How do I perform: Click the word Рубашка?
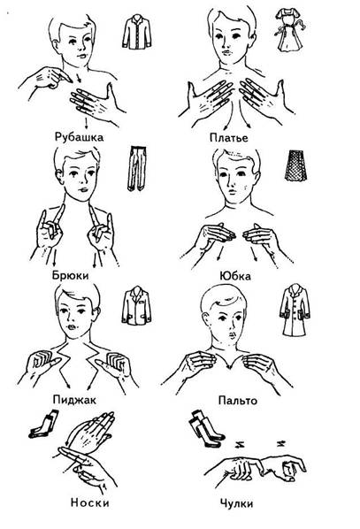[x=79, y=137]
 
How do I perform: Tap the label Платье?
[x=229, y=138]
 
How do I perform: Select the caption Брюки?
[x=70, y=275]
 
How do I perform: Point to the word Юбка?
[x=235, y=276]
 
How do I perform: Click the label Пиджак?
[x=74, y=400]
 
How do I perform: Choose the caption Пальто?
[x=238, y=401]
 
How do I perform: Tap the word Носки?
[x=89, y=502]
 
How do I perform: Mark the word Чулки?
[x=236, y=503]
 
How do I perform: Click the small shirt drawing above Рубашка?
[x=136, y=32]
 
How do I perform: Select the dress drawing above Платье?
[x=290, y=30]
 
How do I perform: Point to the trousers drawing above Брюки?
[x=137, y=168]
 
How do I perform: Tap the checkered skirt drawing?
[x=296, y=165]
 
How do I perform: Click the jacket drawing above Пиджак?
[x=136, y=306]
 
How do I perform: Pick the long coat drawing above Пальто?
[x=295, y=310]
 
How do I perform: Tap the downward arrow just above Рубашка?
[x=87, y=124]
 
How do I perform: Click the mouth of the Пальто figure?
[x=232, y=336]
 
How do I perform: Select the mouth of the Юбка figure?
[x=232, y=191]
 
